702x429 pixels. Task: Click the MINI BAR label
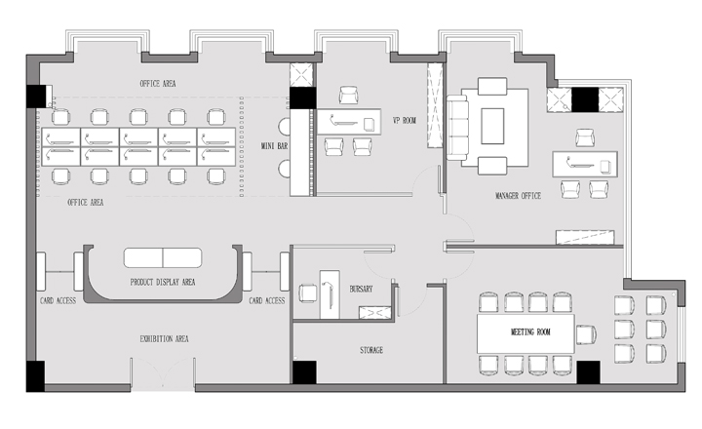pos(274,146)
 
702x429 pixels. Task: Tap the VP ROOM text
pos(405,121)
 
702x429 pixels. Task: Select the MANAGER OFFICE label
pos(518,196)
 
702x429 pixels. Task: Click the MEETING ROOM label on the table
pos(530,331)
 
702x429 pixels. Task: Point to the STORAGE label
pos(371,350)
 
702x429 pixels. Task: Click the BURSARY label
pos(361,289)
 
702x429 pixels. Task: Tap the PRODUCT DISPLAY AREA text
pos(163,282)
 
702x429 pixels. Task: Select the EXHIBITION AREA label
pos(164,339)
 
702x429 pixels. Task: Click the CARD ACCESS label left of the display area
pos(58,300)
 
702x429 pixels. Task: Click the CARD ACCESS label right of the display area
pos(267,300)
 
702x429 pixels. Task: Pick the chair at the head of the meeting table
pos(586,334)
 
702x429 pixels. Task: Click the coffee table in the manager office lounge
pos(492,126)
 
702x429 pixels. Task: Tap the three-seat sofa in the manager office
pos(457,128)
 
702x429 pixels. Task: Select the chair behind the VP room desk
pos(348,95)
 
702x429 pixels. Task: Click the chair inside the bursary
pos(307,293)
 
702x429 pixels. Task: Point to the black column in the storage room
pos(304,372)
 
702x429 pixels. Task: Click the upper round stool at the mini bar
pos(285,127)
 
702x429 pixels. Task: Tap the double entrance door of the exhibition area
pos(163,374)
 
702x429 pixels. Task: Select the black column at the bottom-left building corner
pos(35,376)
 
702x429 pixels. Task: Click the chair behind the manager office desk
pos(585,137)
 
